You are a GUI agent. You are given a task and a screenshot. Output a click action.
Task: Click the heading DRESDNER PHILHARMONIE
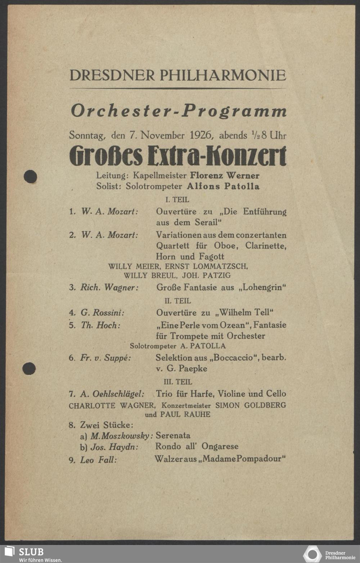178,75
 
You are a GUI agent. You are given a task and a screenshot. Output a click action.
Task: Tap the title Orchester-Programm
179,110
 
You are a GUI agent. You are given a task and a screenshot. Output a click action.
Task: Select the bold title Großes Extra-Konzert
178,156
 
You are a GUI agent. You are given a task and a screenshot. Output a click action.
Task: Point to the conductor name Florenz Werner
225,176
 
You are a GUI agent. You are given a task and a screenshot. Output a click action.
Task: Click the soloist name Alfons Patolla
223,186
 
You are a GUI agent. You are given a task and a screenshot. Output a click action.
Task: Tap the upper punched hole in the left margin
30,176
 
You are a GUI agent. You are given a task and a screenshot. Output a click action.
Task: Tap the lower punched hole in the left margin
29,368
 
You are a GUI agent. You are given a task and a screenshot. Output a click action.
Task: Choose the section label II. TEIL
178,301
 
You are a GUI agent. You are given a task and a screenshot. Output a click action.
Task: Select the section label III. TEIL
178,382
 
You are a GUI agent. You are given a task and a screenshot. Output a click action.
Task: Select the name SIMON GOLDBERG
251,405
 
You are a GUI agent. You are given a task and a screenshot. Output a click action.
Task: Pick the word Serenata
173,436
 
